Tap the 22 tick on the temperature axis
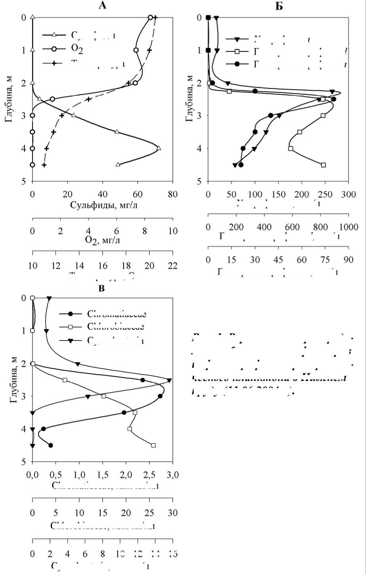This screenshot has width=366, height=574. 172,265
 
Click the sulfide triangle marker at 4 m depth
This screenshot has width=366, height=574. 158,148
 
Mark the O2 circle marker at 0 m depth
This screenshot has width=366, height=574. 150,17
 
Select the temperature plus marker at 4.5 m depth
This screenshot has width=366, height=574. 44,165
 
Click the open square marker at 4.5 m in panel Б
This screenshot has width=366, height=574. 323,165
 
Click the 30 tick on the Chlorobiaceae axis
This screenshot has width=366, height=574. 172,512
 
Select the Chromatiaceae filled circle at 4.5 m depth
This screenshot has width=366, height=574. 51,445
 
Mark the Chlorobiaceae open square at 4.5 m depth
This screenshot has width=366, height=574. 153,445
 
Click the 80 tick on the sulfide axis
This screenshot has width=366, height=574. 172,194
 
